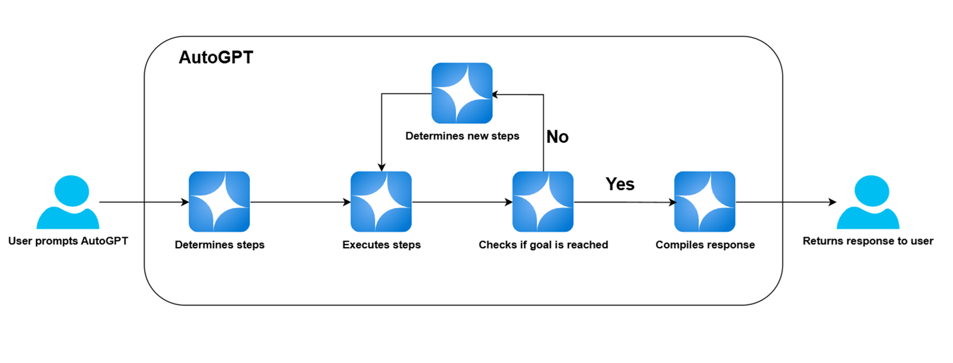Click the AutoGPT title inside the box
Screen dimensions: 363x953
pos(216,58)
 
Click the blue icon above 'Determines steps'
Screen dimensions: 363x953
pos(219,202)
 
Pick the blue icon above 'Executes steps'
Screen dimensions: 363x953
pos(381,202)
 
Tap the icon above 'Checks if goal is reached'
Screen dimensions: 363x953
pos(543,202)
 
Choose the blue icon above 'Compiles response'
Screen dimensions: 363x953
pos(705,202)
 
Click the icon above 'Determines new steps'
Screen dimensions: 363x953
pos(462,93)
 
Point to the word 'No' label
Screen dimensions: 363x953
pos(557,137)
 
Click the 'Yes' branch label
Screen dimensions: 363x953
pos(619,184)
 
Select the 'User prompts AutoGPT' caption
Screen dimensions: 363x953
pos(68,241)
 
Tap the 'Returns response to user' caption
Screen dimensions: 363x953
pos(867,241)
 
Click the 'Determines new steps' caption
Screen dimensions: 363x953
pos(462,136)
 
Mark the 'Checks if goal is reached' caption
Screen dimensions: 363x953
pos(543,245)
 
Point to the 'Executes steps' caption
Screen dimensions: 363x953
pos(381,245)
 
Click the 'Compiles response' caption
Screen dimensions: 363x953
pos(705,245)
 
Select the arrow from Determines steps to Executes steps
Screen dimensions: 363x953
pos(300,202)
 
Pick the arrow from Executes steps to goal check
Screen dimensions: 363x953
pos(462,202)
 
